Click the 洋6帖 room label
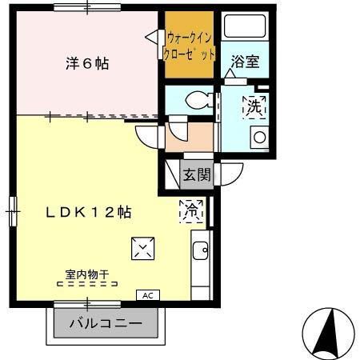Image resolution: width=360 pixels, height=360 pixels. [86, 63]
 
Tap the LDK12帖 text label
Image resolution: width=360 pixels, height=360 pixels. [87, 213]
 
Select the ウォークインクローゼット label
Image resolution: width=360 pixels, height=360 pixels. [190, 45]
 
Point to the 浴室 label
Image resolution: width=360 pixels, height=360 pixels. [245, 62]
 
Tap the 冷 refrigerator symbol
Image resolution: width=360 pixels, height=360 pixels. [192, 211]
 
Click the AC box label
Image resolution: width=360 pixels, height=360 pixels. [147, 294]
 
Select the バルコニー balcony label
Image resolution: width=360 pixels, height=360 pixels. [105, 324]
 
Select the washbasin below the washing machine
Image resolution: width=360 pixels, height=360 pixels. [260, 136]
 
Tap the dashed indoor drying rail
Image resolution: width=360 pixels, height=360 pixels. [87, 283]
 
